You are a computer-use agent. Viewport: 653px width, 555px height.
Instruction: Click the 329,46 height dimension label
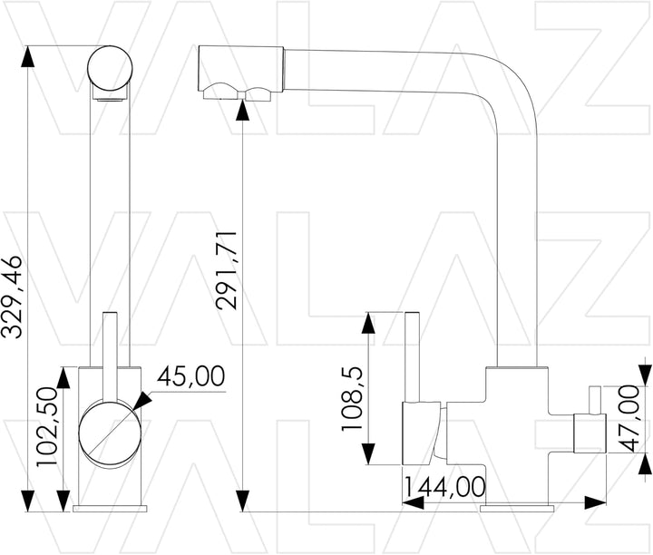pos(13,297)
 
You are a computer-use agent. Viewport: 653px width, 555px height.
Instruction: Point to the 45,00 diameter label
pos(192,375)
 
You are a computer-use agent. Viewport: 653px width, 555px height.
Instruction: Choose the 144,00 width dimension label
pos(444,487)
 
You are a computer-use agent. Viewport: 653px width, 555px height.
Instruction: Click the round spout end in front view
pos(112,70)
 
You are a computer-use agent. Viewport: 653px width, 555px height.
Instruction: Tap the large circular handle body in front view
pos(109,432)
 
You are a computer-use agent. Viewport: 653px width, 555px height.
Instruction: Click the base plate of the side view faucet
pos(516,505)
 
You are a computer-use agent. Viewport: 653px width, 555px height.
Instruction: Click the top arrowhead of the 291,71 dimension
pos(242,107)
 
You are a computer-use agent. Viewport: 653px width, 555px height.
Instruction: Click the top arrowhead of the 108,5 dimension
pos(367,321)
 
